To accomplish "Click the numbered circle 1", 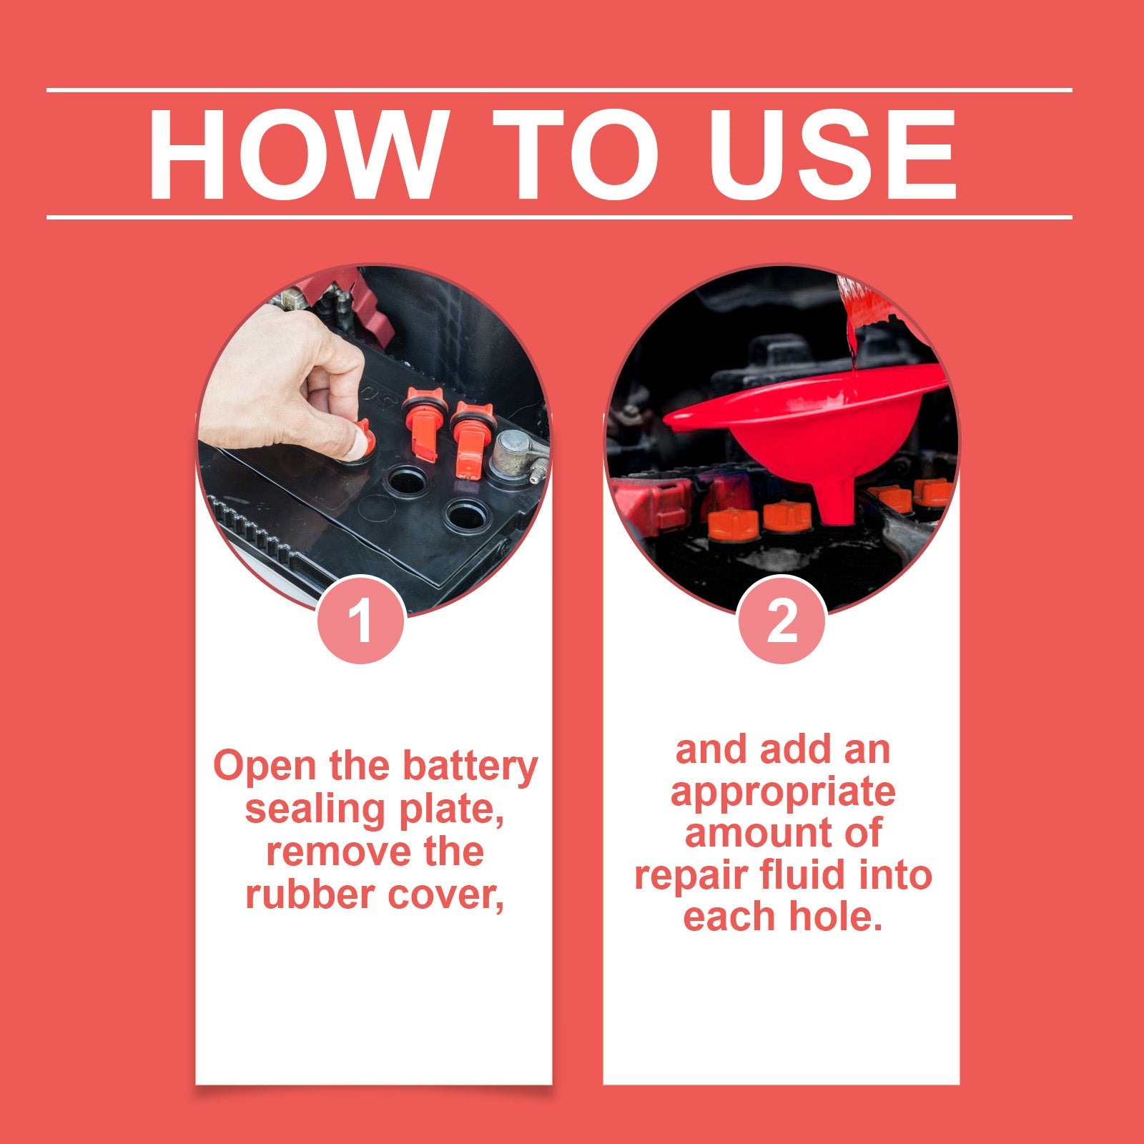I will (361, 620).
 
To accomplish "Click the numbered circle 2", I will (781, 620).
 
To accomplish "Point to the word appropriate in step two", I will (782, 792).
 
